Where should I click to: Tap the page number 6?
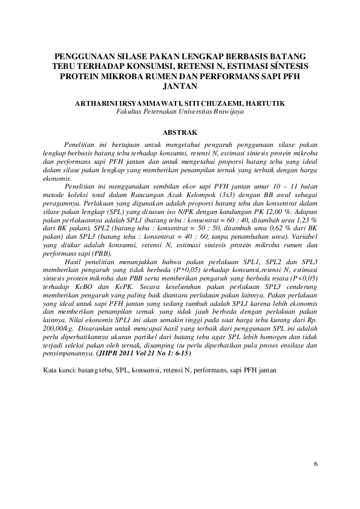pos(315,464)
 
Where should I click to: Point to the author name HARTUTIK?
pos(263,104)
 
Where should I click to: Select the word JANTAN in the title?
pos(180,86)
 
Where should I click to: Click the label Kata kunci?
pos(59,369)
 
